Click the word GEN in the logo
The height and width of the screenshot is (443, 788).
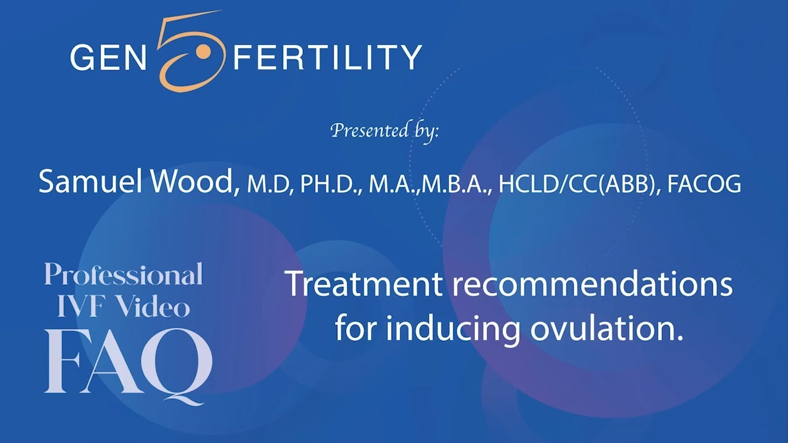point(105,57)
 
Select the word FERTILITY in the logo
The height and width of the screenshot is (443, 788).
point(327,57)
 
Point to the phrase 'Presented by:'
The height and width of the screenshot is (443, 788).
point(385,130)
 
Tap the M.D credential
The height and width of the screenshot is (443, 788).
point(269,185)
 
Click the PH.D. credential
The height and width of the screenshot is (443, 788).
point(330,185)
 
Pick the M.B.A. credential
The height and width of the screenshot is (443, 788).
point(456,185)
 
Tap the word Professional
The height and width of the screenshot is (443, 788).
point(124,275)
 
